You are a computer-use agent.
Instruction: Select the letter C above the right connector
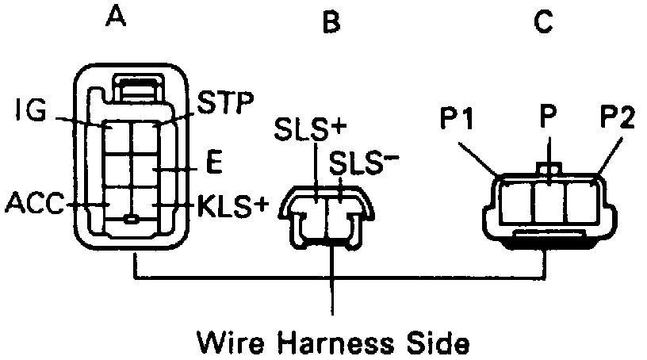[x=542, y=23]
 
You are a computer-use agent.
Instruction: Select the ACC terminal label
[x=36, y=204]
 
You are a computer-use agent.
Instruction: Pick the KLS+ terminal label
[x=230, y=207]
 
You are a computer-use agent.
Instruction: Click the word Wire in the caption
[x=230, y=343]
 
